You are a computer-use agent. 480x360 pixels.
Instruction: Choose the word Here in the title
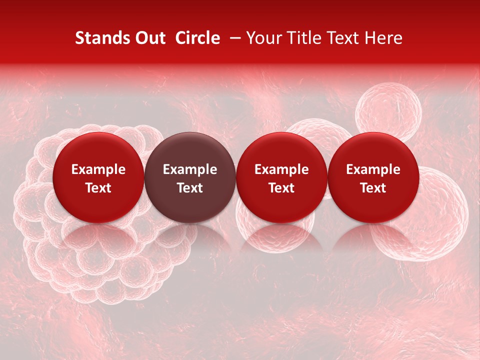[384, 38]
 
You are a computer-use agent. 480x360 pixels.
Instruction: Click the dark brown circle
[190, 177]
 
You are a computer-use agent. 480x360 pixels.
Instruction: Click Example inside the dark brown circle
[190, 169]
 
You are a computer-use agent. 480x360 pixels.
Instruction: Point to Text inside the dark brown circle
[190, 188]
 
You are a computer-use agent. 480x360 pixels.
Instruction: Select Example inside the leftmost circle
[98, 169]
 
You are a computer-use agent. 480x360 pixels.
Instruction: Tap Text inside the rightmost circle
[373, 188]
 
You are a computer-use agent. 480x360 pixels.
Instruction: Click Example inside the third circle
[281, 169]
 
